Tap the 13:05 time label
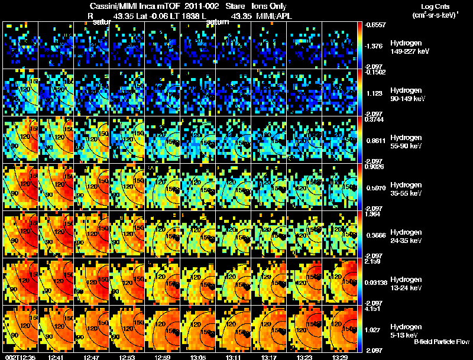198,357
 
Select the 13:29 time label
340,357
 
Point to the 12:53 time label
127,357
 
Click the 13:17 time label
269,357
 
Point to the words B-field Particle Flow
441,342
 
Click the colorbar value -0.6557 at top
374,25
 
